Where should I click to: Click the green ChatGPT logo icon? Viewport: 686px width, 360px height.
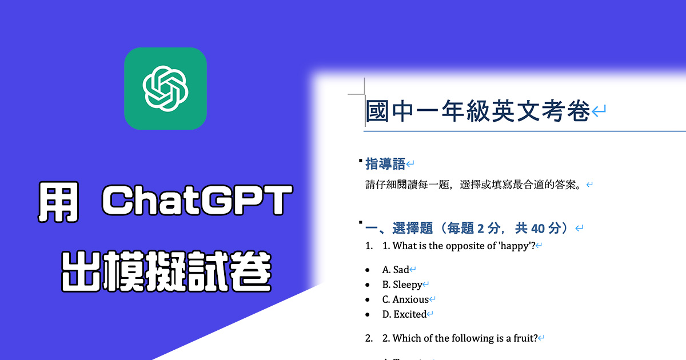pos(165,89)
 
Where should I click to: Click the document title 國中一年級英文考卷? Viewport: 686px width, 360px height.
pos(477,111)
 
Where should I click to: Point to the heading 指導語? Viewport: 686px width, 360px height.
pos(385,165)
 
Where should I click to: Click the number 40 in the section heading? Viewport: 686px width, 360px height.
pos(537,229)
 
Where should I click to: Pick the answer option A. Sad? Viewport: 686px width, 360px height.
pos(396,270)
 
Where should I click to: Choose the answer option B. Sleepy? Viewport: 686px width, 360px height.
pos(402,285)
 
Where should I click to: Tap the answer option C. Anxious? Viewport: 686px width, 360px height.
pos(405,299)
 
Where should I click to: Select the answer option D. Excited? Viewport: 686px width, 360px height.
pos(404,314)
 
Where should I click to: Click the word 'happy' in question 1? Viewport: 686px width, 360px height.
pos(515,246)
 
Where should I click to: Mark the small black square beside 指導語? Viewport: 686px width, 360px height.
pos(360,162)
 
